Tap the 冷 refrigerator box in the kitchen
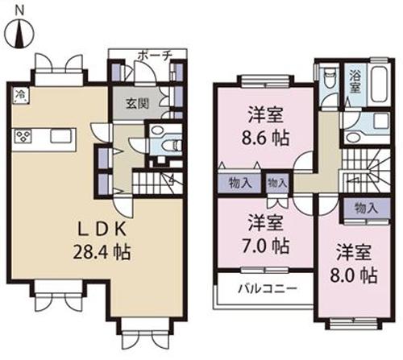[x=19, y=95]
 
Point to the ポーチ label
[x=154, y=56]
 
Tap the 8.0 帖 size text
[x=355, y=275]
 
